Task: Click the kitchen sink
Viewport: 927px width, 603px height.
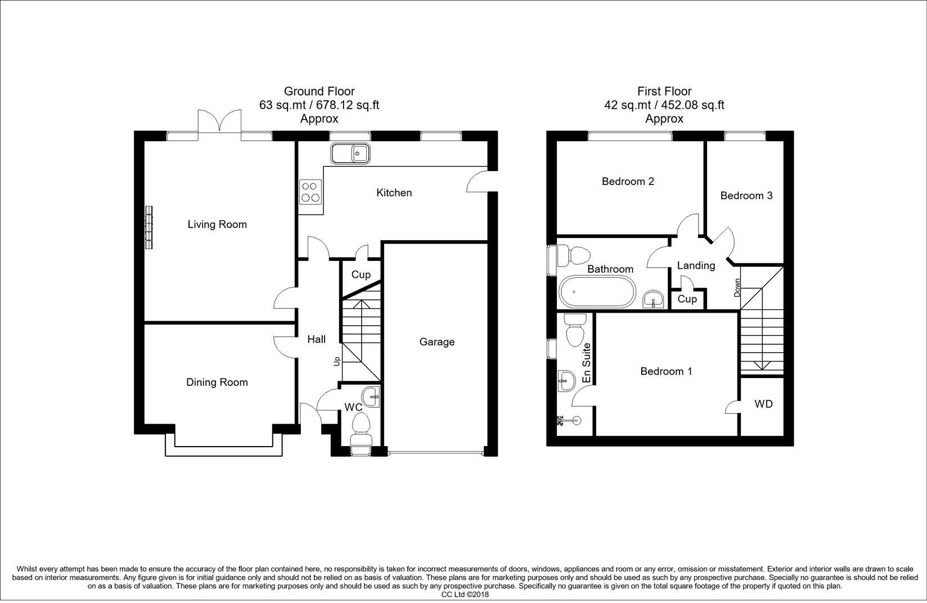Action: click(x=350, y=154)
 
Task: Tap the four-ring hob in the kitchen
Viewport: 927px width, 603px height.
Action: click(x=310, y=192)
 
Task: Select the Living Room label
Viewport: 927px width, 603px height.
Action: click(x=217, y=224)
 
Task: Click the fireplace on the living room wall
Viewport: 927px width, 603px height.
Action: click(x=148, y=227)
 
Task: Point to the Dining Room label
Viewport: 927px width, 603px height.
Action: click(x=217, y=382)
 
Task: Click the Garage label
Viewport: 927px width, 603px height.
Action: click(x=437, y=342)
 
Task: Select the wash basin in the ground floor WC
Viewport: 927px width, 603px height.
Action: click(x=370, y=397)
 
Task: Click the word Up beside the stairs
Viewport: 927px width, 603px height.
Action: click(x=337, y=361)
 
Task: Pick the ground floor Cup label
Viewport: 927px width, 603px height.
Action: click(x=361, y=275)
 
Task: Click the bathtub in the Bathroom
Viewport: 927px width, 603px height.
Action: click(x=597, y=292)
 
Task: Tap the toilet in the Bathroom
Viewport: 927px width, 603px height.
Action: click(x=573, y=256)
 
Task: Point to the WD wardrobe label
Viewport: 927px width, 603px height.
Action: click(x=763, y=404)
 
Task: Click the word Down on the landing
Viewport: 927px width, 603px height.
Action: click(x=737, y=287)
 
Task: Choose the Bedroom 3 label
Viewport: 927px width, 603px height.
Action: click(x=746, y=195)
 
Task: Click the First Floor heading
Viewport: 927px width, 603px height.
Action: click(x=664, y=91)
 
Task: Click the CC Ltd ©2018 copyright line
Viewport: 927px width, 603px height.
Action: click(x=465, y=595)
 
